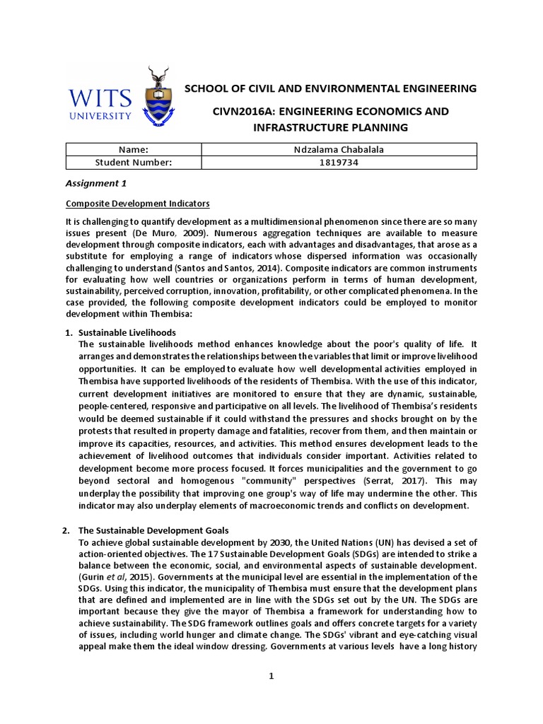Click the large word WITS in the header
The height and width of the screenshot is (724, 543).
pyautogui.click(x=100, y=95)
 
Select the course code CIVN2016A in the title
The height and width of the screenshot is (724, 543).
pyautogui.click(x=245, y=112)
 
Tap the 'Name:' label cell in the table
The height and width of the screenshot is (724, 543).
pyautogui.click(x=134, y=149)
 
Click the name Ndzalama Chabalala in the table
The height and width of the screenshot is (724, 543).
pyautogui.click(x=339, y=149)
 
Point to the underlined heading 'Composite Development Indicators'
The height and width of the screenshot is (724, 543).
pyautogui.click(x=137, y=204)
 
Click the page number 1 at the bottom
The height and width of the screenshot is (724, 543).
pyautogui.click(x=271, y=676)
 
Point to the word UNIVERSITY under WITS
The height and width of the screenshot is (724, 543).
pyautogui.click(x=100, y=115)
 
